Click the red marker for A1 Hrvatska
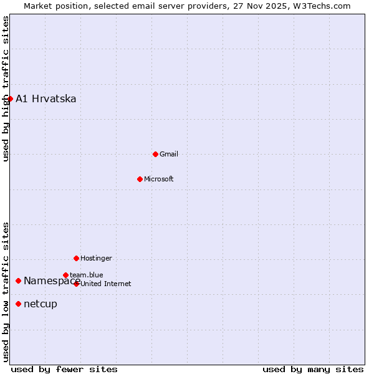click(x=10, y=98)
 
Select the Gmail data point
click(x=155, y=154)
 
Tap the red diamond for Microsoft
click(x=140, y=179)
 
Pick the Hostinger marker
click(x=76, y=258)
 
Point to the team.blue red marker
click(x=65, y=275)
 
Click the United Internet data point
click(x=76, y=284)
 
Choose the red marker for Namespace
click(x=18, y=280)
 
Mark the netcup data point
click(x=18, y=304)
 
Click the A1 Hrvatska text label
click(x=46, y=99)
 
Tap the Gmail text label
click(x=169, y=154)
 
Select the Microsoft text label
click(x=159, y=180)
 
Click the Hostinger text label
click(x=96, y=258)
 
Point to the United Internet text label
click(x=106, y=284)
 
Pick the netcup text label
click(x=41, y=304)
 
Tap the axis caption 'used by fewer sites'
click(x=64, y=369)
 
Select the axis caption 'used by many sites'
click(x=313, y=369)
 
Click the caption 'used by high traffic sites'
click(x=6, y=89)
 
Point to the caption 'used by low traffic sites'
click(x=6, y=291)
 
